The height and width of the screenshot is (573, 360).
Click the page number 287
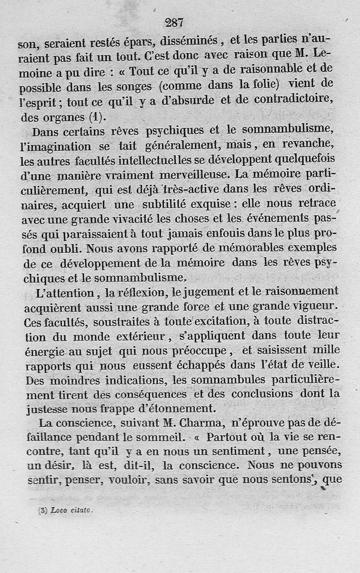pyautogui.click(x=174, y=22)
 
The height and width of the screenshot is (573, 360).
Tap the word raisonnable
pyautogui.click(x=262, y=69)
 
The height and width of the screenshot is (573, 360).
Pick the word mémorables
pyautogui.click(x=235, y=248)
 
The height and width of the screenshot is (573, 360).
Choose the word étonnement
pyautogui.click(x=180, y=409)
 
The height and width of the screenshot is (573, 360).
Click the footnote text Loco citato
pyautogui.click(x=72, y=510)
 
